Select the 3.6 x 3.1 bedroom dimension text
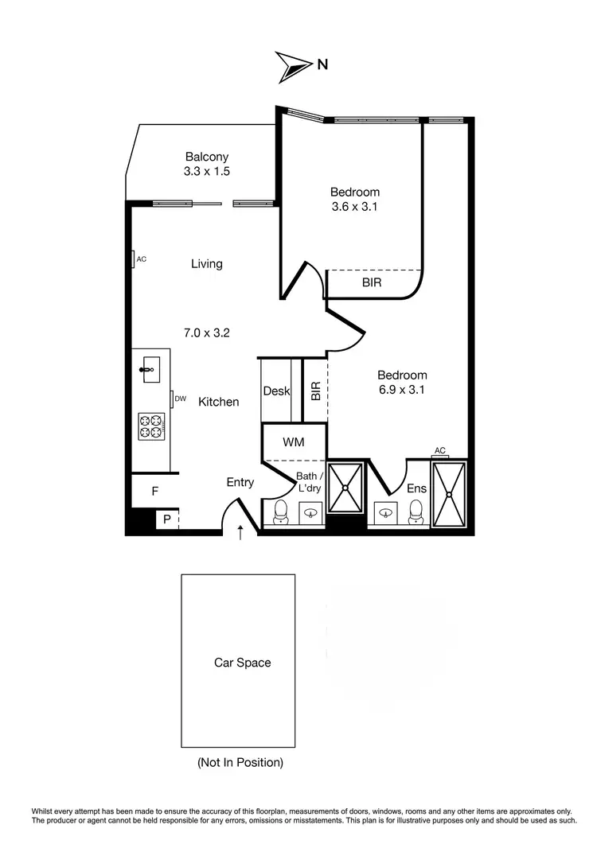point(355,207)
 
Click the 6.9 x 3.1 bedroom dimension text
point(402,390)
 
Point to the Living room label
point(206,263)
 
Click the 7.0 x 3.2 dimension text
point(206,333)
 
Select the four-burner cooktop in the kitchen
point(150,427)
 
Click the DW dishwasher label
point(181,399)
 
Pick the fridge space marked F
point(154,492)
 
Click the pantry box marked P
point(167,519)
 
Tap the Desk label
point(276,391)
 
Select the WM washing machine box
point(293,441)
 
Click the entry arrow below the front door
point(240,532)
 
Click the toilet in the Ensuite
point(414,515)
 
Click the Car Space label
point(242,662)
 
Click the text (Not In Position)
point(240,762)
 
